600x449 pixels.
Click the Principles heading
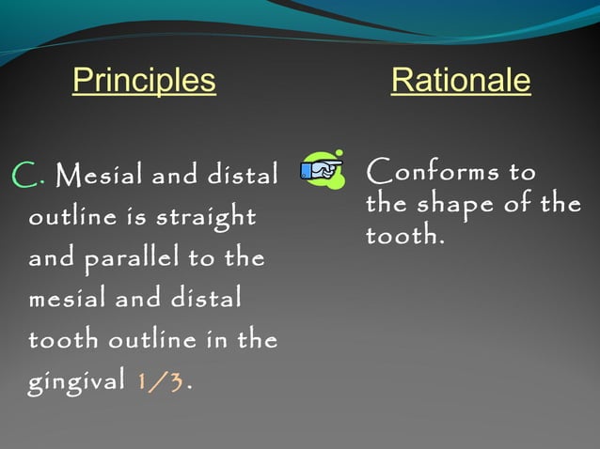[144, 82]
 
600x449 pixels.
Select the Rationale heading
[460, 82]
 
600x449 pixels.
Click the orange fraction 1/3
[161, 384]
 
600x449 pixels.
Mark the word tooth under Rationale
[402, 235]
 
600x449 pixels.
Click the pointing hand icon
[322, 169]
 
